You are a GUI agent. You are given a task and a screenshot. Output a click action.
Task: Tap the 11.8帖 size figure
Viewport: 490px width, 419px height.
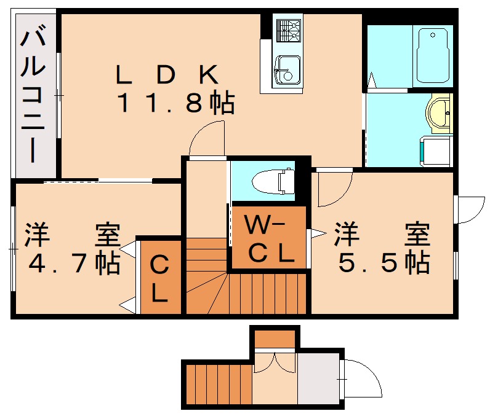pos(175,104)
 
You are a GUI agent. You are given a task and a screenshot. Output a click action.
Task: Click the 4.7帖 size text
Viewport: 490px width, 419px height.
pos(74,264)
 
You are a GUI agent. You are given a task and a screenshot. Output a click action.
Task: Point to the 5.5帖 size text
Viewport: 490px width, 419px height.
pos(382,263)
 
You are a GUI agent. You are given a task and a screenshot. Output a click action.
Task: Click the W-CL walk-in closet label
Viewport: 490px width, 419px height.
pos(268,239)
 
